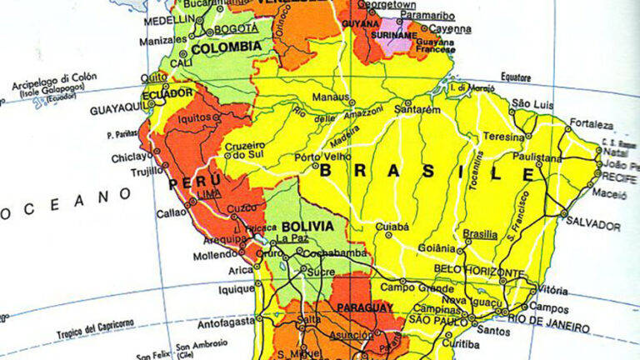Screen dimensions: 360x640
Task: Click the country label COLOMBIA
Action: (x=226, y=47)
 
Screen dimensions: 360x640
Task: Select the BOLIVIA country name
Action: (x=307, y=226)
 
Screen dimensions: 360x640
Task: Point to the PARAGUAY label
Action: (x=364, y=307)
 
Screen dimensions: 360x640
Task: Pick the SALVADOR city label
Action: (x=592, y=225)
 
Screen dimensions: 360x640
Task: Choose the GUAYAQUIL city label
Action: (x=116, y=107)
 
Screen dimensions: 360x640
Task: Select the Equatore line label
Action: (x=515, y=77)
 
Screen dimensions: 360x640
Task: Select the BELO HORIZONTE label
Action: (x=479, y=272)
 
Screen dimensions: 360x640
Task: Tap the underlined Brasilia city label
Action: (x=479, y=234)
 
